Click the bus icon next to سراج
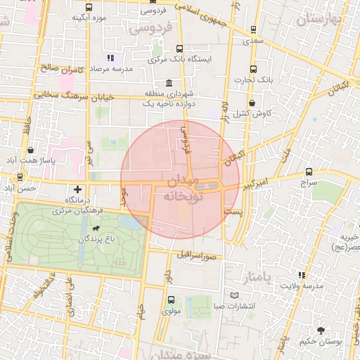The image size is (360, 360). pyautogui.click(x=309, y=172)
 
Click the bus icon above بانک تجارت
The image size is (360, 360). pyautogui.click(x=254, y=69)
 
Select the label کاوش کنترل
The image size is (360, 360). pyautogui.click(x=254, y=112)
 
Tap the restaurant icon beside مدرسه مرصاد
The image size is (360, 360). pyautogui.click(x=110, y=58)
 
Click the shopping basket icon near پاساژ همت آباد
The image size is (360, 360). pyautogui.click(x=31, y=150)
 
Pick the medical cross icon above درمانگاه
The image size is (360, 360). pyautogui.click(x=77, y=189)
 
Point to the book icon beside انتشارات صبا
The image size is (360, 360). pyautogui.click(x=235, y=295)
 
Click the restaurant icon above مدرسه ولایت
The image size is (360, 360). pyautogui.click(x=302, y=275)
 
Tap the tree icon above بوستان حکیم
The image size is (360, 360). pyautogui.click(x=321, y=330)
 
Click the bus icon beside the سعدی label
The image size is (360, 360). pyautogui.click(x=252, y=30)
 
